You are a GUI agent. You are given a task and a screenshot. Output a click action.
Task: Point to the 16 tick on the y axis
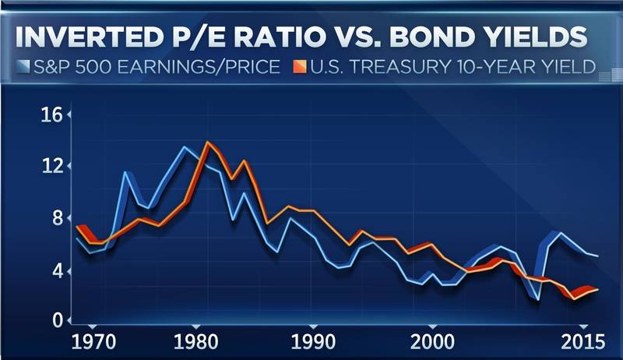click(52, 116)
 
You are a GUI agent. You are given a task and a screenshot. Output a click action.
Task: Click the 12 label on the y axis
click(52, 166)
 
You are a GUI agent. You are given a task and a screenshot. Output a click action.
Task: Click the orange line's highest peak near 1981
click(208, 143)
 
